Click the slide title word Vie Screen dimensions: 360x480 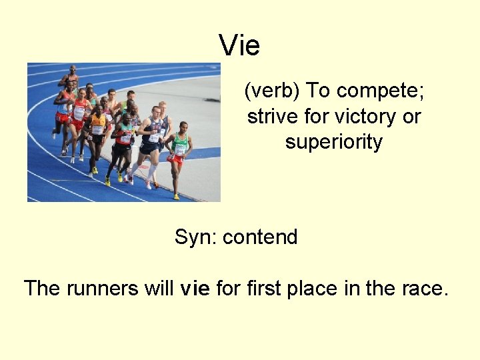click(239, 46)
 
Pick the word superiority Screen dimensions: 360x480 click(333, 142)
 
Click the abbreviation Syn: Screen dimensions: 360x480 click(195, 237)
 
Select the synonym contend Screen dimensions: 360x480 click(260, 237)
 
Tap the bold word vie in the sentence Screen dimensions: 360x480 click(195, 289)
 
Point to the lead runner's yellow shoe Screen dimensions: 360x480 click(176, 197)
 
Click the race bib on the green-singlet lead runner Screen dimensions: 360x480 click(179, 150)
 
